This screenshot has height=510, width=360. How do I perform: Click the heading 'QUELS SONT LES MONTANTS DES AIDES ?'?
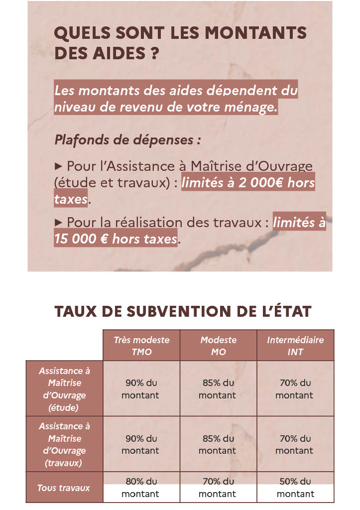click(180, 43)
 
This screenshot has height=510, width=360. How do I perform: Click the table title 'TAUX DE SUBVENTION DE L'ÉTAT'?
click(183, 312)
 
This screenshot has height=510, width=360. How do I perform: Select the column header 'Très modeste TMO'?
click(141, 346)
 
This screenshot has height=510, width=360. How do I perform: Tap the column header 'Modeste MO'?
click(218, 346)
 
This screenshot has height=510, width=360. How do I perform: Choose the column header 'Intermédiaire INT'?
click(295, 346)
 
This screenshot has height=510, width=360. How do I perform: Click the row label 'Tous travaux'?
click(64, 488)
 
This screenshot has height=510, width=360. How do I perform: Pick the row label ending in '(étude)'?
click(64, 389)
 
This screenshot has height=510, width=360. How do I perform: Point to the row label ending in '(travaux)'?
click(64, 444)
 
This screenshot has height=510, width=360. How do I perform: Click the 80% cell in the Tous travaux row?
click(141, 488)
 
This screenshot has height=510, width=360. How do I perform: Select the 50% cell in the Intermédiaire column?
click(295, 488)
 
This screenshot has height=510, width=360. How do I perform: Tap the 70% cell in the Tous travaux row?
click(218, 488)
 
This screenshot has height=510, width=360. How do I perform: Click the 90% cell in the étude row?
click(141, 389)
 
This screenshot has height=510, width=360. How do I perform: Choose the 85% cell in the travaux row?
click(218, 444)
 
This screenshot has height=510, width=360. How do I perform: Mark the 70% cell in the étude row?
click(295, 389)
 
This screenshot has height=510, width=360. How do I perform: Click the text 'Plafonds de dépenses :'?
click(127, 139)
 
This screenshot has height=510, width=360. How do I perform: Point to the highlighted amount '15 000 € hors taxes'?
click(116, 239)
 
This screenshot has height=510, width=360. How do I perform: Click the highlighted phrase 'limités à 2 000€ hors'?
click(248, 183)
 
